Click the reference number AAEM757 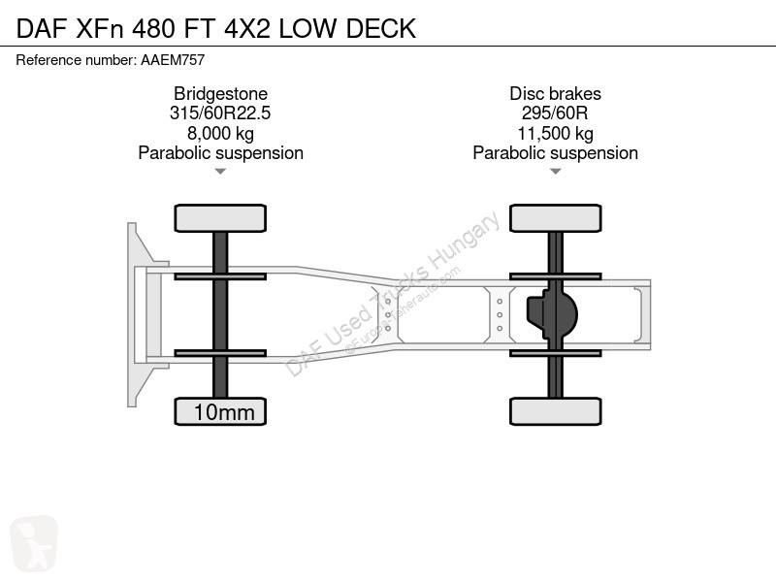pyautogui.click(x=173, y=60)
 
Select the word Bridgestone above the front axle pyautogui.click(x=220, y=94)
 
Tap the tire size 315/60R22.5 pyautogui.click(x=220, y=113)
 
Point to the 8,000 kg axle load pyautogui.click(x=220, y=133)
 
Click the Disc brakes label pyautogui.click(x=555, y=93)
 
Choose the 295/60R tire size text pyautogui.click(x=555, y=113)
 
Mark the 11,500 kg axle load pyautogui.click(x=555, y=133)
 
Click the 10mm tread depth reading pyautogui.click(x=224, y=412)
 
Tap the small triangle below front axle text pyautogui.click(x=220, y=172)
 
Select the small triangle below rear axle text pyautogui.click(x=555, y=172)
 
